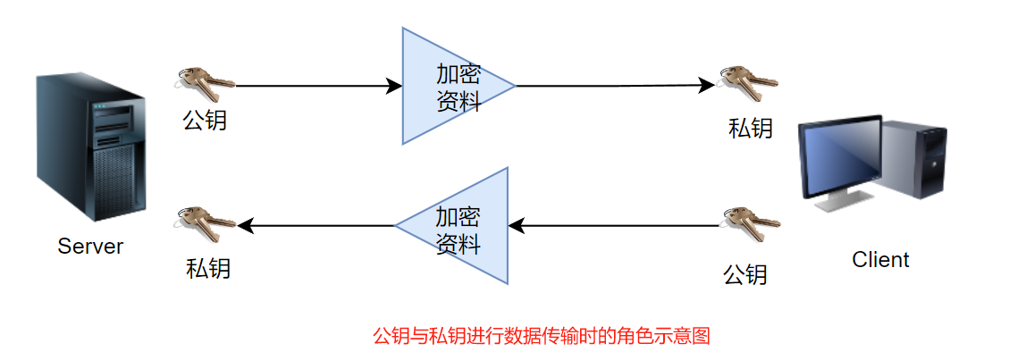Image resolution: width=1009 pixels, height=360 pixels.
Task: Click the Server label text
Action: pyautogui.click(x=90, y=247)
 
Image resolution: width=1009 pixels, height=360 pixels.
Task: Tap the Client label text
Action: pyautogui.click(x=880, y=260)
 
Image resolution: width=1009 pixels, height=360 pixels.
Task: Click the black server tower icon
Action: pyautogui.click(x=90, y=148)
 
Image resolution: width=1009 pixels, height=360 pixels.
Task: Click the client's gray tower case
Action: pyautogui.click(x=915, y=161)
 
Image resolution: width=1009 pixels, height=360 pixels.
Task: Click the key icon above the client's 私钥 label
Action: pyautogui.click(x=749, y=83)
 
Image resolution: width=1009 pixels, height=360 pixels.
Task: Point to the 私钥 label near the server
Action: pyautogui.click(x=208, y=267)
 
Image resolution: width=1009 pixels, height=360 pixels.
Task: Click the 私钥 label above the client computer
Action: pyautogui.click(x=750, y=129)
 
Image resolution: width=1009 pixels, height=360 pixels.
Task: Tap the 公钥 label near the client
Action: pyautogui.click(x=745, y=273)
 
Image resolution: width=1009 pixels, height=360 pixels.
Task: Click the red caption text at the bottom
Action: pyautogui.click(x=541, y=337)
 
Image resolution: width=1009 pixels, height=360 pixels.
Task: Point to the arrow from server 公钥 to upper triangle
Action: pyautogui.click(x=317, y=86)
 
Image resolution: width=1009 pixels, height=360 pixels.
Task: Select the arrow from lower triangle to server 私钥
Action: pyautogui.click(x=317, y=226)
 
